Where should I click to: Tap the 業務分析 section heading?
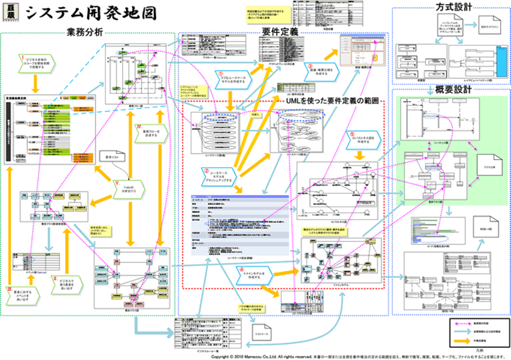pyautogui.click(x=84, y=32)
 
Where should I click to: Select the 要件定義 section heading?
pyautogui.click(x=280, y=32)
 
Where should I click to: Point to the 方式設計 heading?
pyautogui.click(x=454, y=7)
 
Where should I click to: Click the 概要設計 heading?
pyautogui.click(x=453, y=89)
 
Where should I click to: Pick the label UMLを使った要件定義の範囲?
pyautogui.click(x=332, y=101)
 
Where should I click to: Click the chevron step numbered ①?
pyautogui.click(x=233, y=80)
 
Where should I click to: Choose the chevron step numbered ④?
pyautogui.click(x=254, y=275)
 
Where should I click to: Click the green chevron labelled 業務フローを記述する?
pyautogui.click(x=151, y=133)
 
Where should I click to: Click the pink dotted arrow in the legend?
pyautogui.click(x=462, y=324)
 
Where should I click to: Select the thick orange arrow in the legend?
pyautogui.click(x=462, y=341)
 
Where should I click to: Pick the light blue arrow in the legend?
pyautogui.click(x=462, y=332)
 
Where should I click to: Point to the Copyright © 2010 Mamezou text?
pyautogui.click(x=261, y=356)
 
